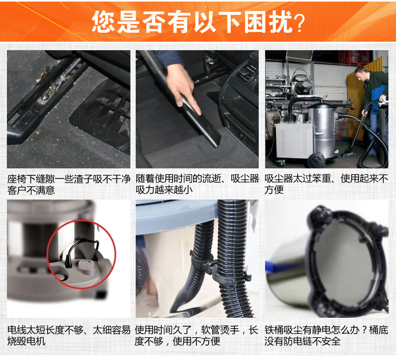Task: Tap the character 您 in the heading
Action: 103,22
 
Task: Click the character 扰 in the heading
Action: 280,22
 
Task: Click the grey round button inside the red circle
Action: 86,267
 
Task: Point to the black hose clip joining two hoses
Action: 220,270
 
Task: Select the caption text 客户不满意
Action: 31,190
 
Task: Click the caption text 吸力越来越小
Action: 164,190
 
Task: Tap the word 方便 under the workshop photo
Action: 274,190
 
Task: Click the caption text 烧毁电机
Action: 26,341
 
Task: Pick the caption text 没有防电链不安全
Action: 303,341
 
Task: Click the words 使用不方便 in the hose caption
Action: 196,341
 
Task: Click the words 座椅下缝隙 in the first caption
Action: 31,179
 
